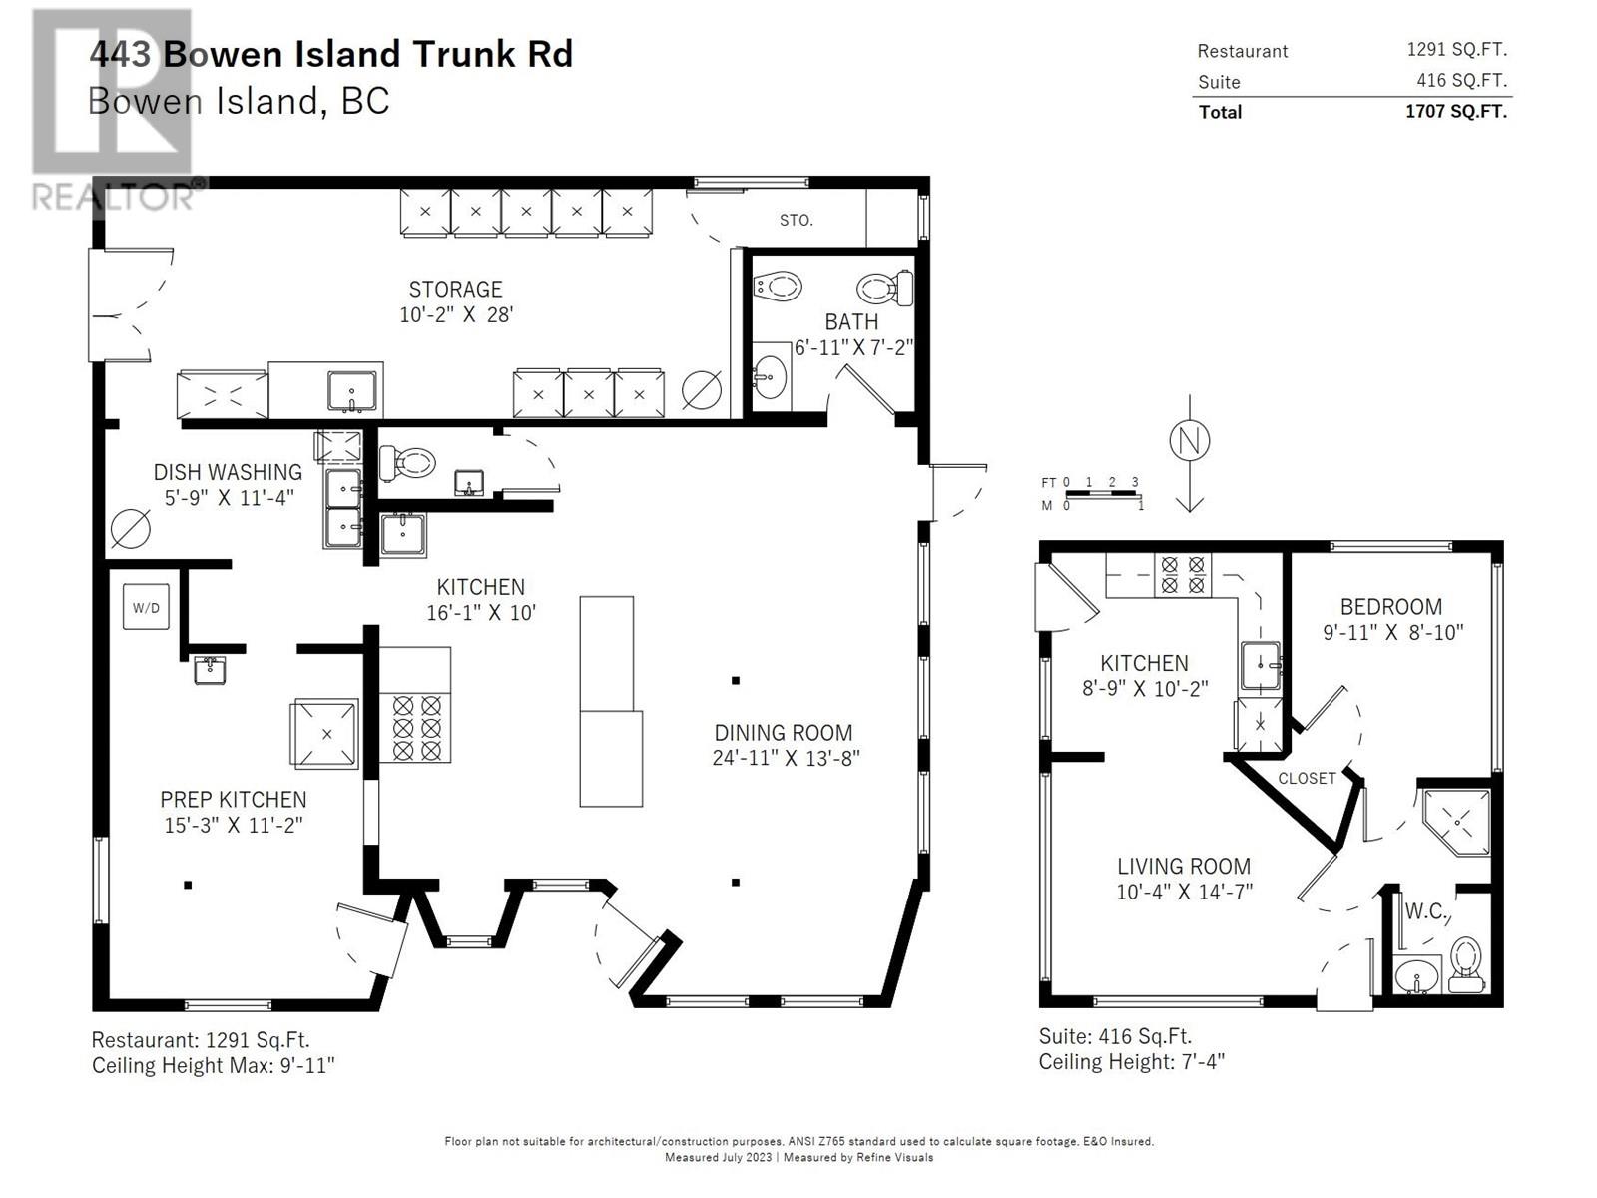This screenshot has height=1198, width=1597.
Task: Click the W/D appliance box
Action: click(146, 607)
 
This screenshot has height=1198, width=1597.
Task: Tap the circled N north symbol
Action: click(1189, 441)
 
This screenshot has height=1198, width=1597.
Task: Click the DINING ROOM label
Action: click(783, 733)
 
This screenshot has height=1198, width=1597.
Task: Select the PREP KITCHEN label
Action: click(233, 800)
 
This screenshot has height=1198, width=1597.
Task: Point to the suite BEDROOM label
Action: click(1390, 607)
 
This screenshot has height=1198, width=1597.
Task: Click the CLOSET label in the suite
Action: click(1307, 779)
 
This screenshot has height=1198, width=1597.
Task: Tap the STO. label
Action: click(796, 220)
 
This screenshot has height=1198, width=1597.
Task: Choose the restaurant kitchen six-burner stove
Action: click(414, 728)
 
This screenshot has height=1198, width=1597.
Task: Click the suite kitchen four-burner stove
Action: click(1183, 575)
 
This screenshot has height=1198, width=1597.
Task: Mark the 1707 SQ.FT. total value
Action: click(1456, 111)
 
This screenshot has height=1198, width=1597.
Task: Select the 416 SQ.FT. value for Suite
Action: click(1461, 80)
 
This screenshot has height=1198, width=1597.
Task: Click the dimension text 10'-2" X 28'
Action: click(456, 314)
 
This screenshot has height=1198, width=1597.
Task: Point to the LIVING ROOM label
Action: click(1184, 867)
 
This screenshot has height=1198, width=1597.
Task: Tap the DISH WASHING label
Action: click(228, 472)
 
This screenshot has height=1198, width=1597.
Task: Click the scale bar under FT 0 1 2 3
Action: click(1101, 494)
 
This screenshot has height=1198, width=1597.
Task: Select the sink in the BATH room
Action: click(770, 377)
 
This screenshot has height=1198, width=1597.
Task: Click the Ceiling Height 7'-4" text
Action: click(1131, 1062)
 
